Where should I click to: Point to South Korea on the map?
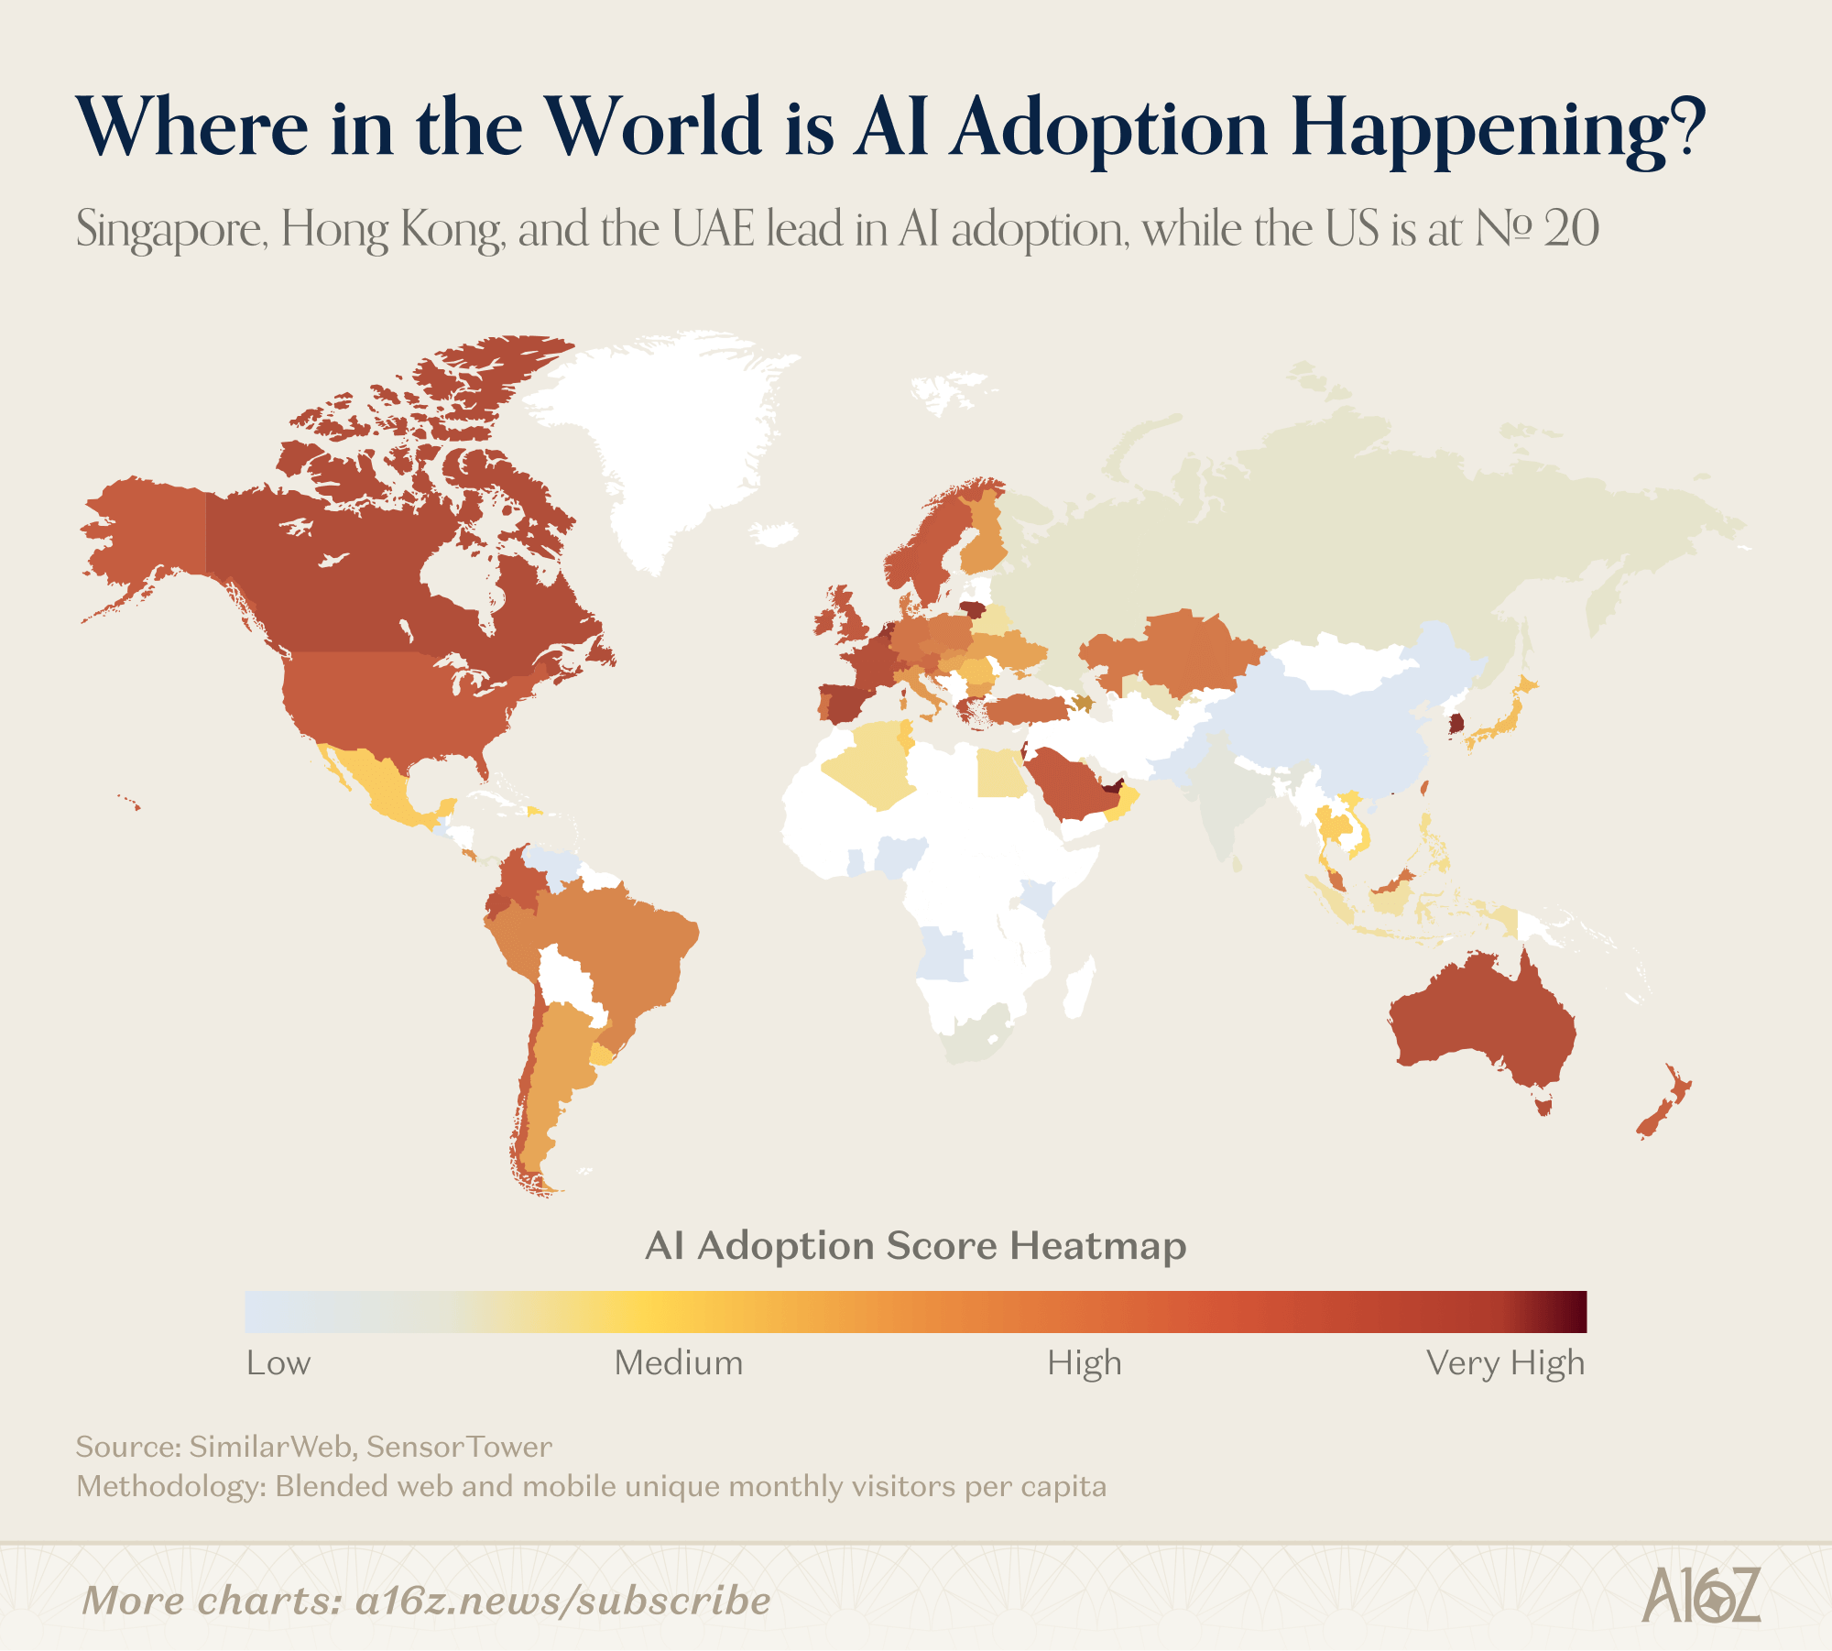1456,724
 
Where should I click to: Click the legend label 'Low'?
278,1363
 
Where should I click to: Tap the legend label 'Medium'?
678,1363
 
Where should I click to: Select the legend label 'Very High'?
1504,1363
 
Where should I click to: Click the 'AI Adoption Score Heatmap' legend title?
916,1246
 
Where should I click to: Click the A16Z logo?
1700,1595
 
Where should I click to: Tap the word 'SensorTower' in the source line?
459,1447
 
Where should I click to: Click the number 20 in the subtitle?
1570,229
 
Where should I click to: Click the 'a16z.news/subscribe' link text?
562,1601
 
